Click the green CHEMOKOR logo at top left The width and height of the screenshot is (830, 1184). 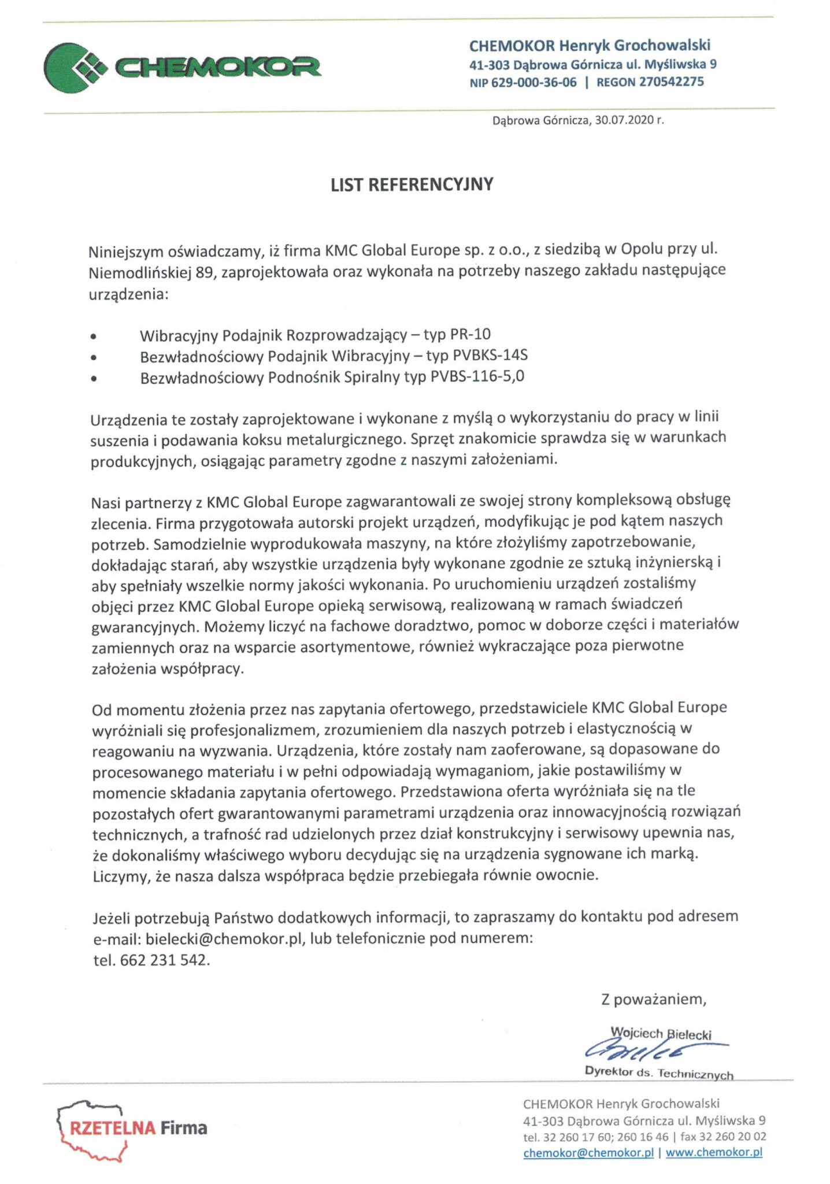(182, 68)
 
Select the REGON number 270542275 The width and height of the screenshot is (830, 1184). (671, 82)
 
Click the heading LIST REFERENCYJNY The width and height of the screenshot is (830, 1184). (412, 184)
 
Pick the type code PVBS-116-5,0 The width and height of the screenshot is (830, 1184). (477, 376)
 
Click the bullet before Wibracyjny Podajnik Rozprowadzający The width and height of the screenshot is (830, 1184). (94, 336)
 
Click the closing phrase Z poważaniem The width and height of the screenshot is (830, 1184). (653, 999)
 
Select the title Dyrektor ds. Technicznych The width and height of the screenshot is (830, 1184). (659, 1073)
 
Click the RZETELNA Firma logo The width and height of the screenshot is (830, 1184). (133, 1128)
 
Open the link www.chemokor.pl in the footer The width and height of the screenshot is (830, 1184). (714, 1152)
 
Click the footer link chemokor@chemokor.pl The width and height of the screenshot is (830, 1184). (588, 1152)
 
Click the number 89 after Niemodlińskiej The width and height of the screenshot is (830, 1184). (205, 272)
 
